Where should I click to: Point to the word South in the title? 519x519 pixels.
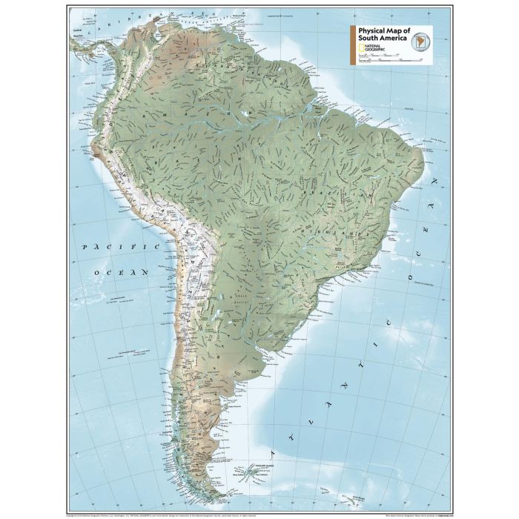367,39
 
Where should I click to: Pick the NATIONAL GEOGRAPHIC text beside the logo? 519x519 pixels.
375,48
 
